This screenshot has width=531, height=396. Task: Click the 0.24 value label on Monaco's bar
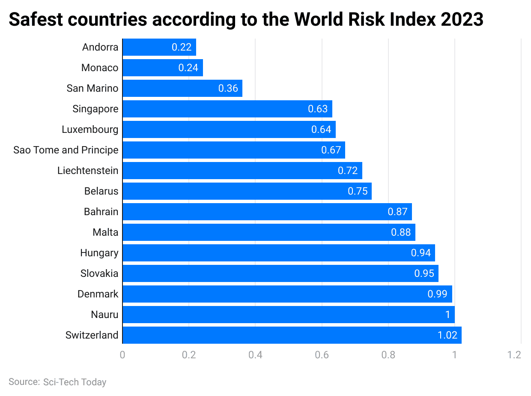[x=188, y=68]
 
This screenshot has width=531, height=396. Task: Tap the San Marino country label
[x=92, y=88]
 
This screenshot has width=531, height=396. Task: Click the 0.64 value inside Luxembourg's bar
[x=321, y=129]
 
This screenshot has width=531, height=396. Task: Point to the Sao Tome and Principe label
[x=66, y=150]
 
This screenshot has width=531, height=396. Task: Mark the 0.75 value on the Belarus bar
[x=358, y=191]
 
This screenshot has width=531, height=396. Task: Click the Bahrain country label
[x=101, y=212]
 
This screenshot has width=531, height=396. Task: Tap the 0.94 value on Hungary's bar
[x=421, y=253]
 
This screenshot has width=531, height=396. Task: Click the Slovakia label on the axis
[x=99, y=273]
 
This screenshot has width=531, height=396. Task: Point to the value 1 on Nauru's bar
[x=447, y=315]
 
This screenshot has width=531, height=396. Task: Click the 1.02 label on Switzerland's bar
[x=447, y=335]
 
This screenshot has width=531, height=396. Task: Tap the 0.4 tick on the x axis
[x=255, y=355]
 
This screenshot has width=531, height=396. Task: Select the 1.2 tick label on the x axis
[x=514, y=355]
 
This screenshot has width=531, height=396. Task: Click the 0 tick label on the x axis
[x=122, y=355]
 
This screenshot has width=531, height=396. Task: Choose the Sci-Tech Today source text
[x=75, y=382]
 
